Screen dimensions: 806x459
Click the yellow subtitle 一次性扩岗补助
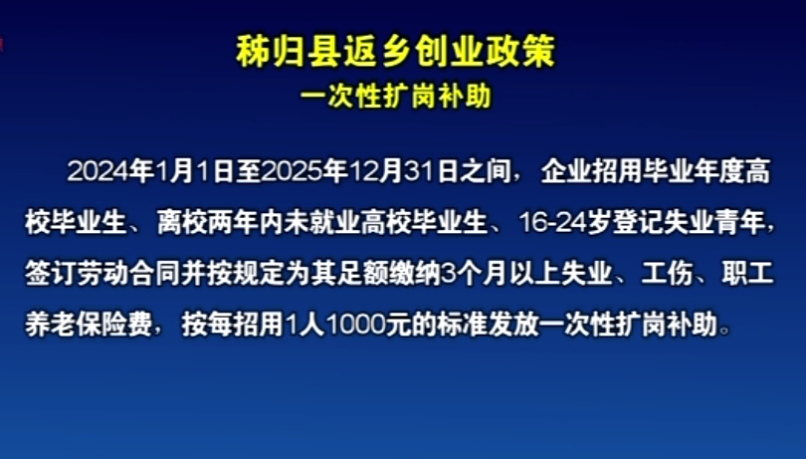pyautogui.click(x=396, y=96)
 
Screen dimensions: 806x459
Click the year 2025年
pyautogui.click(x=304, y=171)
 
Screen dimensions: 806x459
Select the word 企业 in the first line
pyautogui.click(x=566, y=171)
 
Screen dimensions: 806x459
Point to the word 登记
pyautogui.click(x=638, y=223)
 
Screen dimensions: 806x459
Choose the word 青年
pyautogui.click(x=739, y=223)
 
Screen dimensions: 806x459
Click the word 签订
pyautogui.click(x=51, y=274)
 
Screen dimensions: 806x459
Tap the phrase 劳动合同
pyautogui.click(x=127, y=274)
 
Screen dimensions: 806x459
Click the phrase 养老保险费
pyautogui.click(x=89, y=325)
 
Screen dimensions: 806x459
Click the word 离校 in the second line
pyautogui.click(x=182, y=223)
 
